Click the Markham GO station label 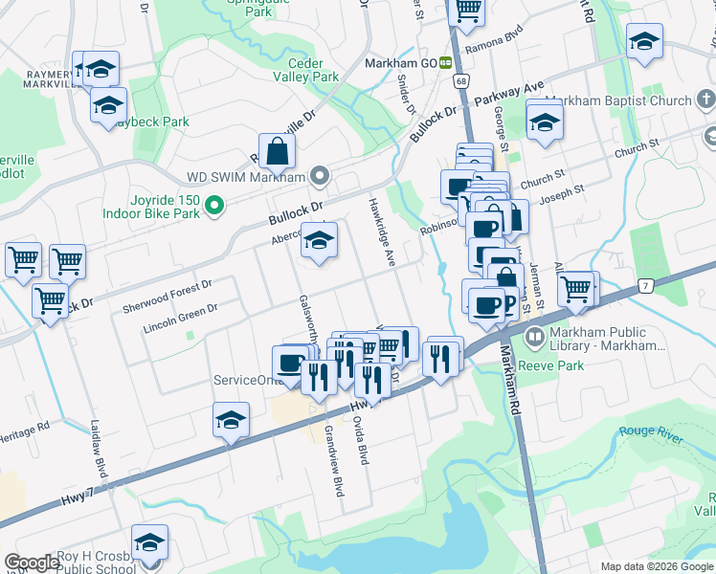(x=401, y=63)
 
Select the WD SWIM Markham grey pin (x=320, y=177)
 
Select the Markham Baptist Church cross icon (x=705, y=100)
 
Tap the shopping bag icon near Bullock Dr (x=277, y=151)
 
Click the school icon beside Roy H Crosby (x=149, y=542)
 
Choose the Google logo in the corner (x=33, y=563)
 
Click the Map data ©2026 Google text (x=656, y=566)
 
